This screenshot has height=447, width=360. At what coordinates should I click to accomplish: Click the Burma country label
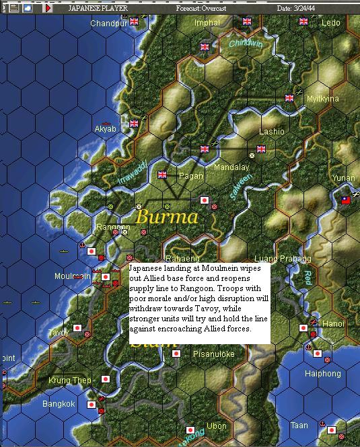tap(167, 217)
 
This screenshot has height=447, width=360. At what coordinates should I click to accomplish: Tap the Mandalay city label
tap(231, 167)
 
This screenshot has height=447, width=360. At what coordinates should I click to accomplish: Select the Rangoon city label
tap(112, 227)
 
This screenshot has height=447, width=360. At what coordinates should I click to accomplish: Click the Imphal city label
tap(207, 23)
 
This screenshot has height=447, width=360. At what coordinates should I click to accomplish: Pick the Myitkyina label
tap(323, 99)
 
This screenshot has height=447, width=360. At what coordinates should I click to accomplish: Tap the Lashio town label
tap(272, 132)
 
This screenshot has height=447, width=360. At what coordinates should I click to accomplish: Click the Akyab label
tap(105, 128)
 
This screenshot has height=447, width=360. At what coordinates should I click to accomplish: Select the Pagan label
tap(191, 176)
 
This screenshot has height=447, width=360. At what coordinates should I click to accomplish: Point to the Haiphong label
tap(323, 374)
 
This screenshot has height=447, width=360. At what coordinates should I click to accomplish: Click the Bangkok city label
tap(59, 405)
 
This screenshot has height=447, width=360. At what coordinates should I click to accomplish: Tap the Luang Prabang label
tap(283, 259)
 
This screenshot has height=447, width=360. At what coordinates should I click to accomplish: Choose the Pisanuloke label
tap(214, 354)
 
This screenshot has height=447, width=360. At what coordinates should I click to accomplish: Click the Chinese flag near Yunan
tap(347, 200)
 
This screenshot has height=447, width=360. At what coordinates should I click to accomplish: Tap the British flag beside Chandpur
tap(134, 22)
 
